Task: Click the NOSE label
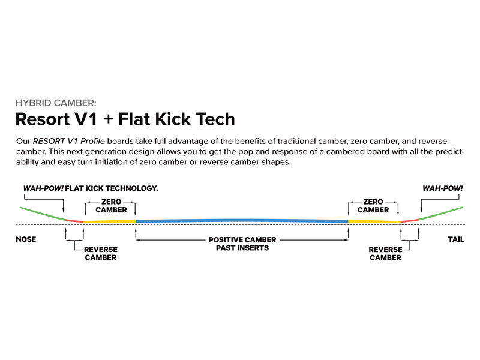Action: coord(25,239)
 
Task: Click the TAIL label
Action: coord(455,239)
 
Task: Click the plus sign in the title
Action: coord(108,119)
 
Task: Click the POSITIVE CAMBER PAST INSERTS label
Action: coord(242,244)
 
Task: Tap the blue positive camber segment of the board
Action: coord(242,220)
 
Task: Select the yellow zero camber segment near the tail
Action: coord(374,221)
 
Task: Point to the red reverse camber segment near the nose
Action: coord(74,221)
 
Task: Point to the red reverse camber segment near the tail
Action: coord(409,221)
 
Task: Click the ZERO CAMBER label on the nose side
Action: coord(111,206)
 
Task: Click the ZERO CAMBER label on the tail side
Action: coord(373,206)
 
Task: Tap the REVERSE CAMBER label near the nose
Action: coord(100,253)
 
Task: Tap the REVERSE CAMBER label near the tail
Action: coord(385,253)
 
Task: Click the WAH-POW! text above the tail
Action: coord(443,188)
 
